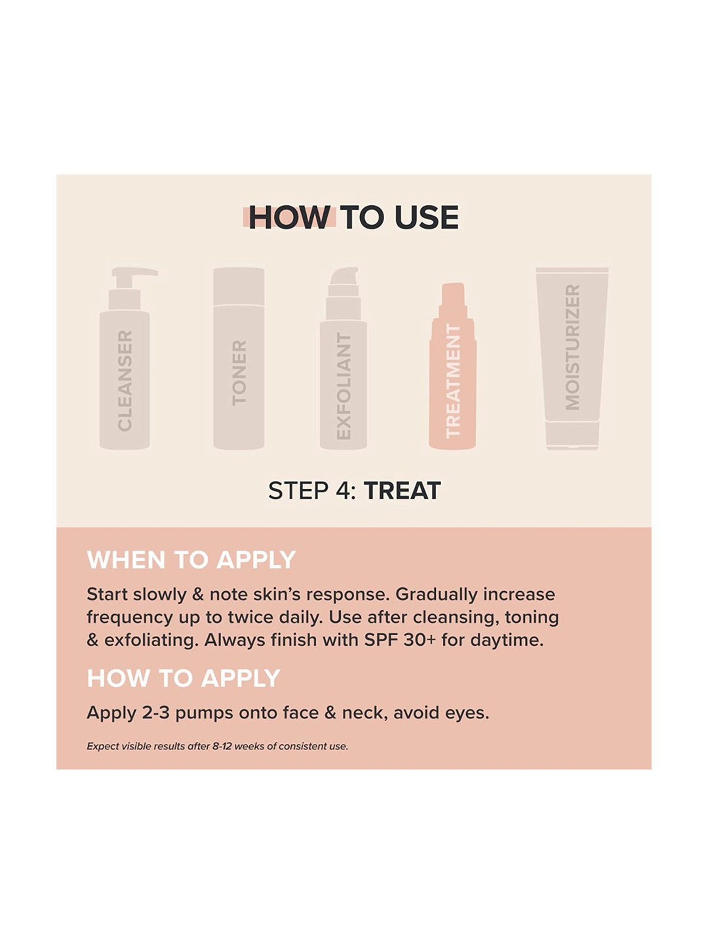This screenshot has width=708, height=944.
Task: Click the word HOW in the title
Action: point(289,218)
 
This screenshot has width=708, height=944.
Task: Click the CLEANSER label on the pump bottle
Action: point(125,380)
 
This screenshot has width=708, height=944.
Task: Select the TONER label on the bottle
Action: point(239,373)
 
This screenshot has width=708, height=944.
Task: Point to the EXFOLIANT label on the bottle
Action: point(344,387)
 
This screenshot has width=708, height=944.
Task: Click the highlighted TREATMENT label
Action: point(453,381)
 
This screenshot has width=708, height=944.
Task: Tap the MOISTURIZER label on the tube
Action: point(572,347)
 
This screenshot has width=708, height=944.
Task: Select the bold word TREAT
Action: point(402,491)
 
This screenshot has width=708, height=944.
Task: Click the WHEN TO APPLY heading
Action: point(191,560)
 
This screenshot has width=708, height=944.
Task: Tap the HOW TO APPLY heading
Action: point(184,678)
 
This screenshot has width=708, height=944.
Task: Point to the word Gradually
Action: point(436,595)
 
